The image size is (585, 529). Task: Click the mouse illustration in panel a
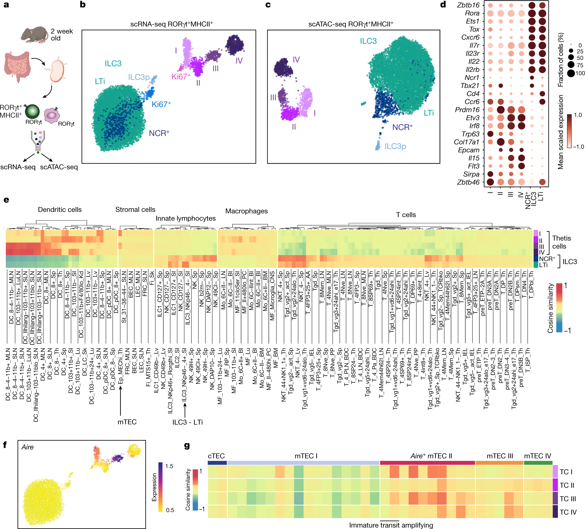(34, 35)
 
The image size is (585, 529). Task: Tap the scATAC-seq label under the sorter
(59, 167)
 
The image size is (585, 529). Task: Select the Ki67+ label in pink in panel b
(181, 76)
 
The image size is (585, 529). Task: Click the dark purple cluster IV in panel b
(235, 44)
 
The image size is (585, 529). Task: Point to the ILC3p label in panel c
(395, 146)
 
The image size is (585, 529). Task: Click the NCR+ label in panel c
(402, 127)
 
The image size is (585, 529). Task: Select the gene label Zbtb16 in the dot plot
(468, 5)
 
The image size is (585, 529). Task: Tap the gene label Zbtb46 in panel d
(468, 182)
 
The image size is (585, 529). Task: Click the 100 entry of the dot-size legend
(579, 73)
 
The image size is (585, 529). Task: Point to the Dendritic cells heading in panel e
(60, 210)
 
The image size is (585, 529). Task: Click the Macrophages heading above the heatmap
(246, 211)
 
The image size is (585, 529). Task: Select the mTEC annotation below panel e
(127, 422)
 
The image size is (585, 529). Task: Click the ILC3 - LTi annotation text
(187, 422)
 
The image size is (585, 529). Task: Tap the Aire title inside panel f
(28, 447)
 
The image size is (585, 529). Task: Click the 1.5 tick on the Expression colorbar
(169, 466)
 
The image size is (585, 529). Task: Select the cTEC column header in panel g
(216, 456)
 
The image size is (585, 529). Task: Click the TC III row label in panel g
(567, 499)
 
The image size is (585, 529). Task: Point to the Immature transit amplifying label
(391, 525)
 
